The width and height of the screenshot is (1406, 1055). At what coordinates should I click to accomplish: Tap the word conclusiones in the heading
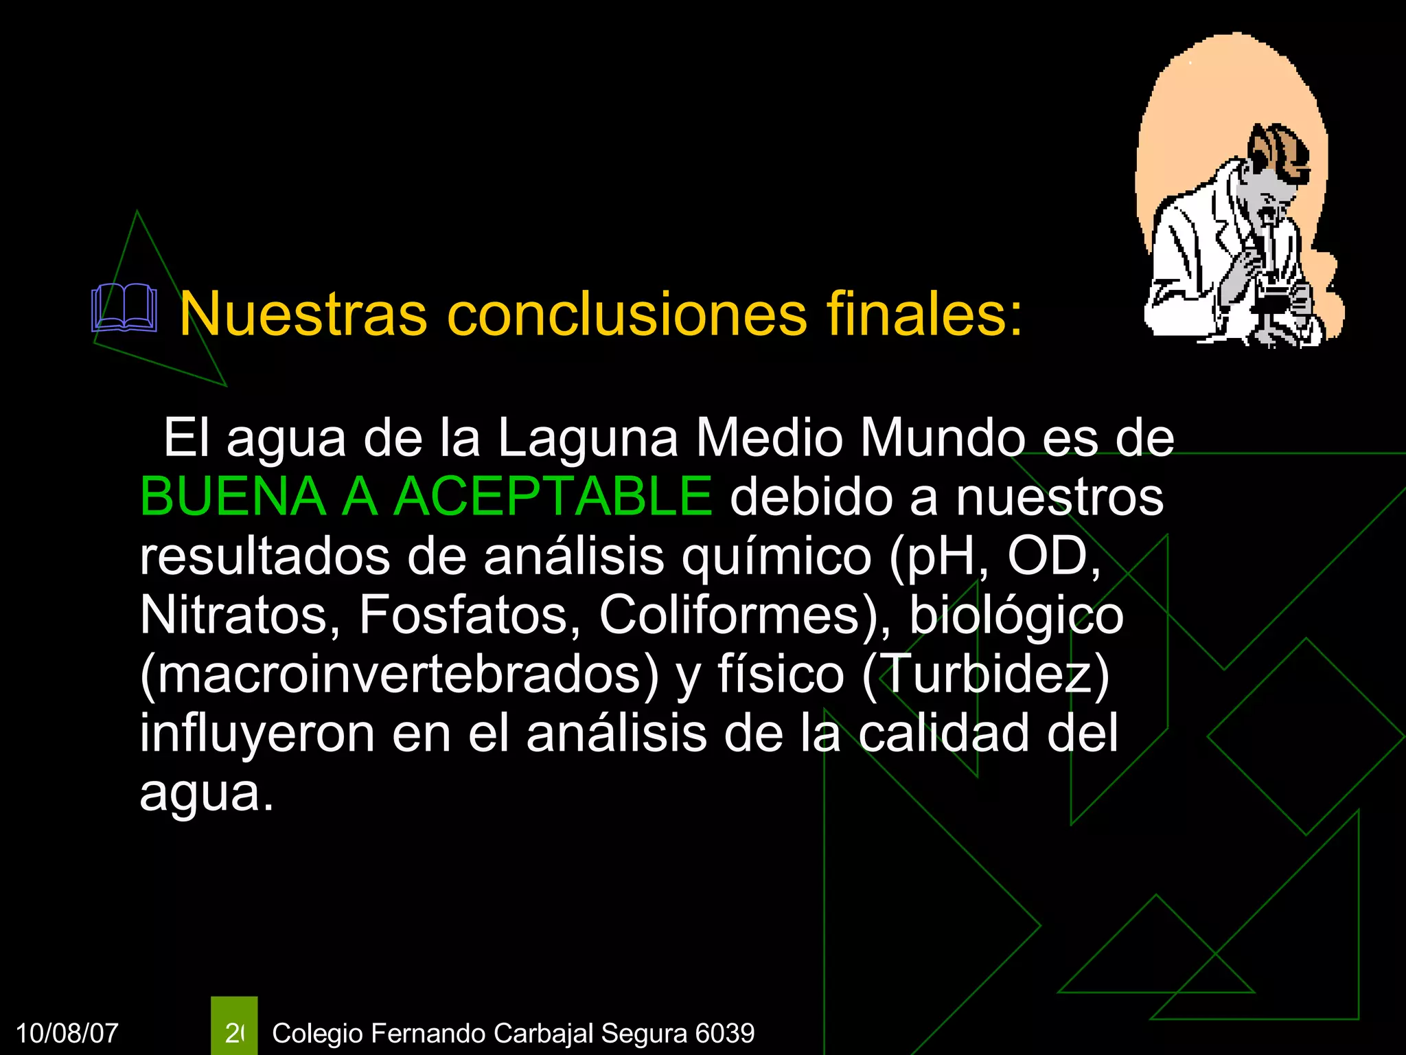click(x=627, y=315)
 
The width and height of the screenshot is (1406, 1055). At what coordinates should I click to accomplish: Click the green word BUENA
click(x=233, y=496)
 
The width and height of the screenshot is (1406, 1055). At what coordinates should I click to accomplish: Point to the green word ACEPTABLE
click(x=553, y=496)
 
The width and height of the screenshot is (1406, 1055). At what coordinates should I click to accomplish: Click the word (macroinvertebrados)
click(x=399, y=674)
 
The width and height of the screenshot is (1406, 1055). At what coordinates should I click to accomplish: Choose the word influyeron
click(x=257, y=734)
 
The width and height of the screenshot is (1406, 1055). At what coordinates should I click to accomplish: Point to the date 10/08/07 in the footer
click(x=67, y=1033)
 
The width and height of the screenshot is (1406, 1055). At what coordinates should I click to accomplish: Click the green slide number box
click(x=234, y=1026)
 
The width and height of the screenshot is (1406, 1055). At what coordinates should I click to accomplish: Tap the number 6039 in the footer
click(x=724, y=1033)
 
